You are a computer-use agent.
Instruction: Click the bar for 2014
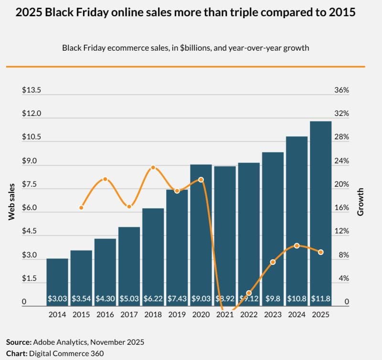point(57,280)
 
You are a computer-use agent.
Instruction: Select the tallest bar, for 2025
point(321,210)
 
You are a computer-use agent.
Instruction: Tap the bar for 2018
point(153,253)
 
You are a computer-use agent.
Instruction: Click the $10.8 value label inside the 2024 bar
point(297,299)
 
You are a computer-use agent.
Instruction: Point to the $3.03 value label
point(57,299)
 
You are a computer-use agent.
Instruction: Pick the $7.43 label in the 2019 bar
point(177,299)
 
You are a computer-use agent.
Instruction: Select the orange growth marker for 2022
point(249,293)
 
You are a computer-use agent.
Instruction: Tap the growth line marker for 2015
point(81,207)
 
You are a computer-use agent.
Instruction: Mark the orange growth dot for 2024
point(297,245)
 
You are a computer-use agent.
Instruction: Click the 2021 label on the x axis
point(225,315)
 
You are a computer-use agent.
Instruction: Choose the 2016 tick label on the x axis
point(105,315)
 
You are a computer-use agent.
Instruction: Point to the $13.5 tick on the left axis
point(32,90)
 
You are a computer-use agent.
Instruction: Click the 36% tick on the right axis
point(342,90)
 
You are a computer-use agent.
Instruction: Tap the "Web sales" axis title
point(11,201)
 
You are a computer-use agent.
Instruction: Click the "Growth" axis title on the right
point(361,201)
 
